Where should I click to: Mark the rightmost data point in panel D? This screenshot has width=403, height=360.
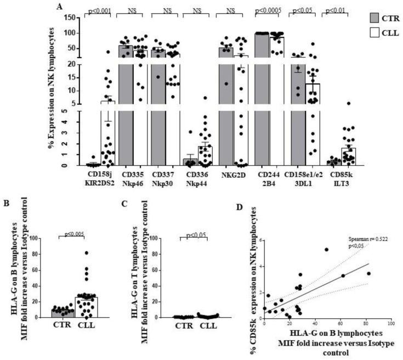368,273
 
